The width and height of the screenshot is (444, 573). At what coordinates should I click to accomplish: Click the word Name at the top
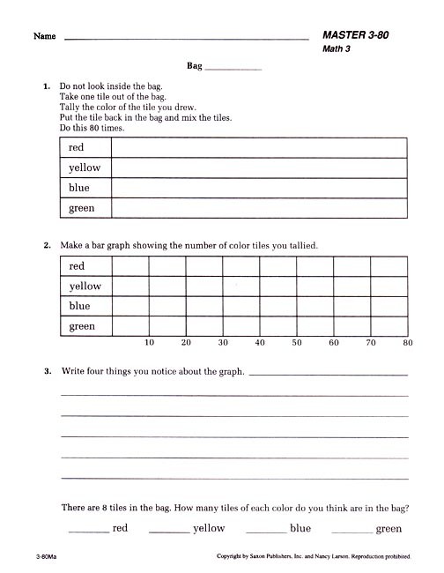coord(45,37)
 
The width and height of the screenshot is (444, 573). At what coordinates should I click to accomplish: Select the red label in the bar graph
coord(76,265)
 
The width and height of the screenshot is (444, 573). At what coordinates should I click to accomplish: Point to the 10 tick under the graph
coord(149,342)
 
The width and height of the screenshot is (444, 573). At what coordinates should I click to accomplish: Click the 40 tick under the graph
coord(260,342)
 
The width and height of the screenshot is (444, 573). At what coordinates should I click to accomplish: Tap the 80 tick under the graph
coord(407,342)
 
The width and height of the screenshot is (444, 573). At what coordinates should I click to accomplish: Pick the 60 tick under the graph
coord(334,342)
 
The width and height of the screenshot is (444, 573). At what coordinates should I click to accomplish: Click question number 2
coord(48,245)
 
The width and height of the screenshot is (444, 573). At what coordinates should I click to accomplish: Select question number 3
coord(48,372)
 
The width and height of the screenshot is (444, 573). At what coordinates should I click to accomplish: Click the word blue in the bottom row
coord(300,528)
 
